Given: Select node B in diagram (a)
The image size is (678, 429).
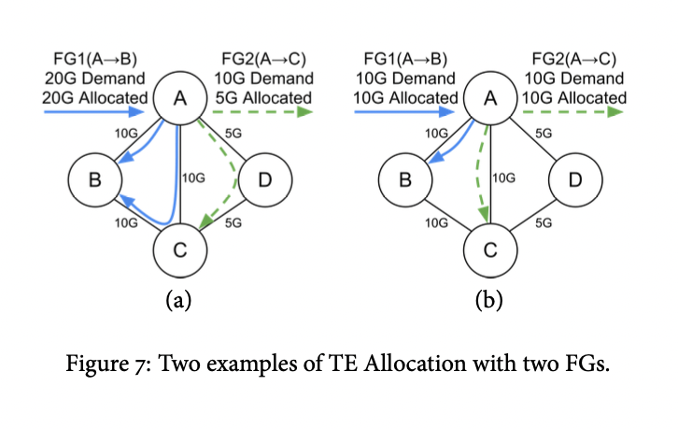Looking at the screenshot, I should [x=94, y=179].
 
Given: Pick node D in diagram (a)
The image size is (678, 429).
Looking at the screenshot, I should [x=265, y=179].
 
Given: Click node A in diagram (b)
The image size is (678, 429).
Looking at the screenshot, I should [x=490, y=98].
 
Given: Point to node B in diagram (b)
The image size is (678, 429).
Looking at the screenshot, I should [x=404, y=179].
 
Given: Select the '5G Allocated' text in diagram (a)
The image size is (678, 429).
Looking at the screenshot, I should [x=262, y=96].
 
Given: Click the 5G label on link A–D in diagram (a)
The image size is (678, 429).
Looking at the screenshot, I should [x=233, y=133].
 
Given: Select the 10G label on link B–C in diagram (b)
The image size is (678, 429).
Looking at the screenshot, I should [x=436, y=223].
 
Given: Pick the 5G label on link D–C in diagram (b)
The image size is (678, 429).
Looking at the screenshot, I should [x=544, y=223].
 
